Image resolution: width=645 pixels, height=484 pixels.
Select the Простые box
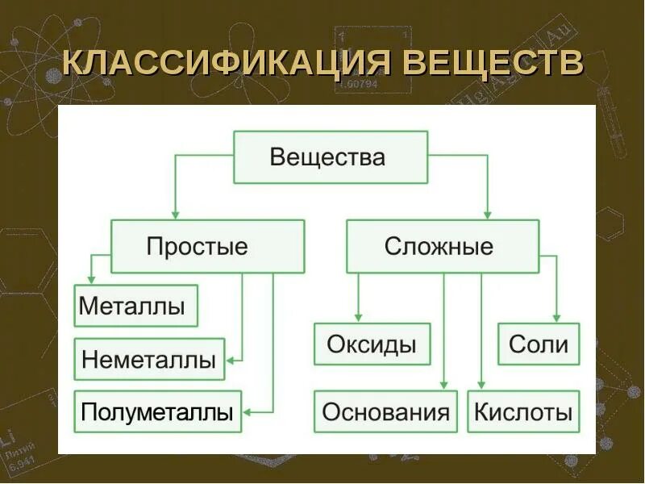click(x=207, y=246)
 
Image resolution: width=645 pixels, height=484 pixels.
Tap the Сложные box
click(x=442, y=246)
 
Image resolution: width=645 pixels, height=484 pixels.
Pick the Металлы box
click(x=135, y=306)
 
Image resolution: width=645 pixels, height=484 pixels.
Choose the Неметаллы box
click(x=149, y=360)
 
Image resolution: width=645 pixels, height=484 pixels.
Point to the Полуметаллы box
click(x=157, y=412)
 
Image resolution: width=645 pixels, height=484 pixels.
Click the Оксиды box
click(x=372, y=344)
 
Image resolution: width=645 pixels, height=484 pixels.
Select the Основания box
click(x=385, y=412)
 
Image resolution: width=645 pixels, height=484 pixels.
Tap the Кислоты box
click(x=523, y=412)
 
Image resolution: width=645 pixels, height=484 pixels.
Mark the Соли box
click(x=539, y=344)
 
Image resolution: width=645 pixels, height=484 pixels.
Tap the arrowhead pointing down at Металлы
click(x=93, y=279)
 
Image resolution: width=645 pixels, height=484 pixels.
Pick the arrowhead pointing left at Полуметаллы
click(x=248, y=412)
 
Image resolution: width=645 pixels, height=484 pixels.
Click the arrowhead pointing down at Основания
click(x=443, y=386)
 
